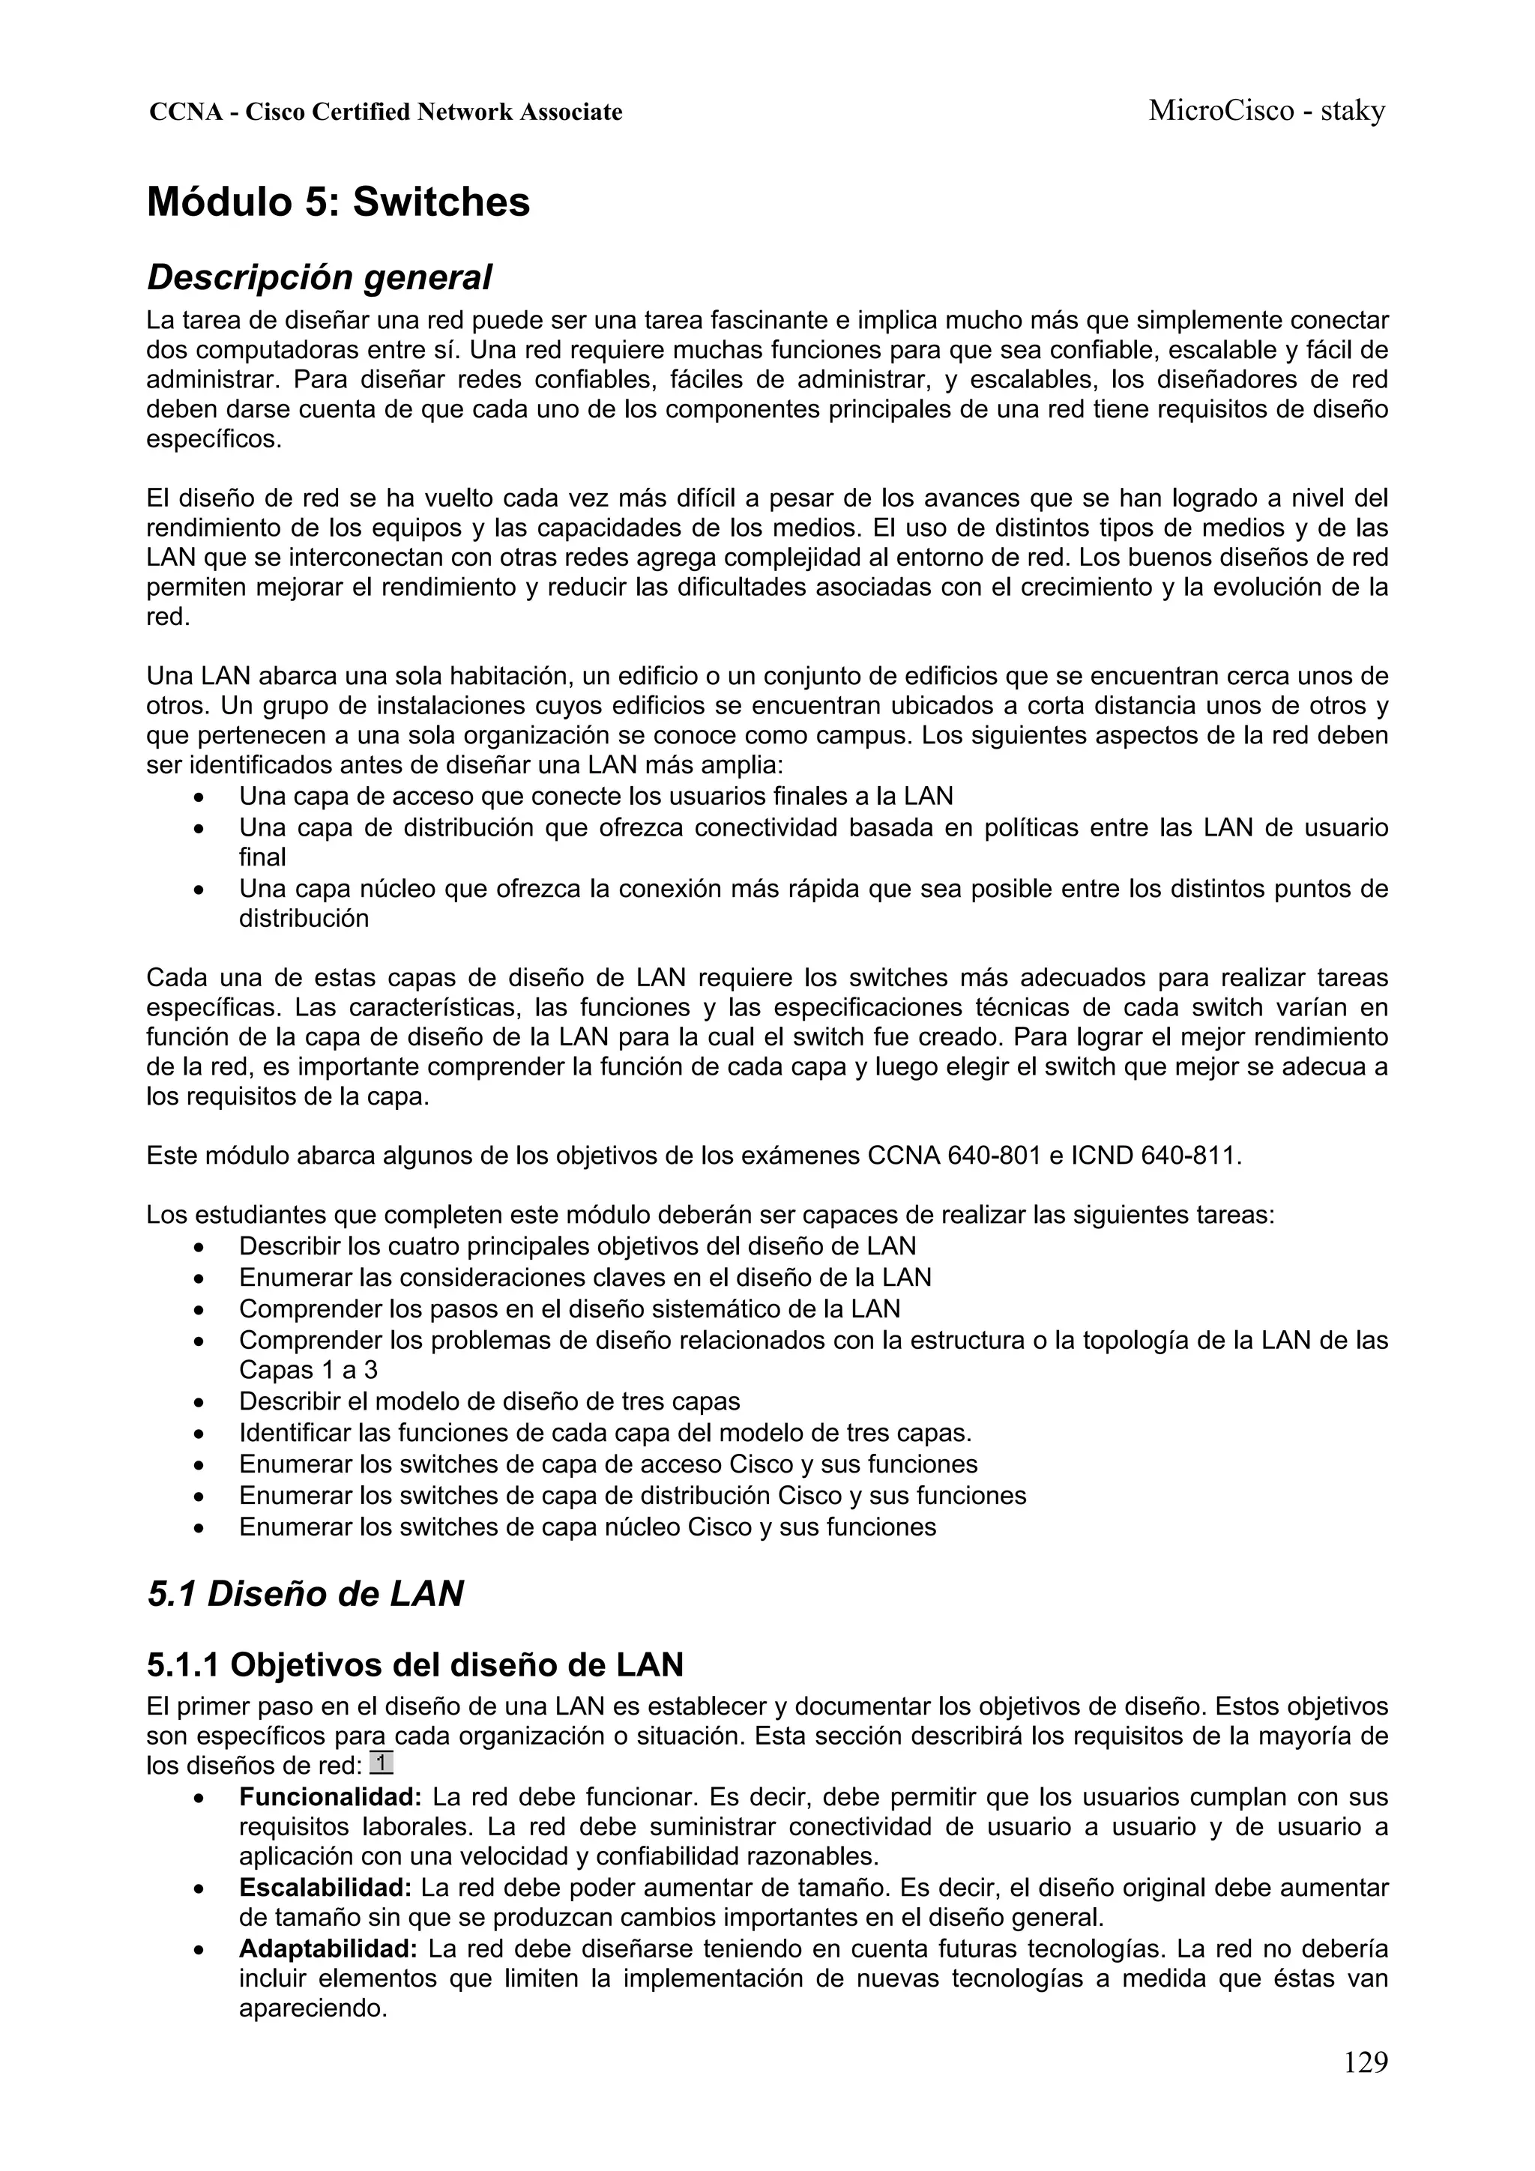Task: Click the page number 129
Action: tap(1365, 2088)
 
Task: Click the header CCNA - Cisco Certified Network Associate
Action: tap(386, 112)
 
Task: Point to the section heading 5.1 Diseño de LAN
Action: tap(304, 1593)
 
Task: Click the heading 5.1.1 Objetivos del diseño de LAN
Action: tap(414, 1664)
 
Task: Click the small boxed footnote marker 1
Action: tap(382, 1763)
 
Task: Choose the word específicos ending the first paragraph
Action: tap(213, 440)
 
